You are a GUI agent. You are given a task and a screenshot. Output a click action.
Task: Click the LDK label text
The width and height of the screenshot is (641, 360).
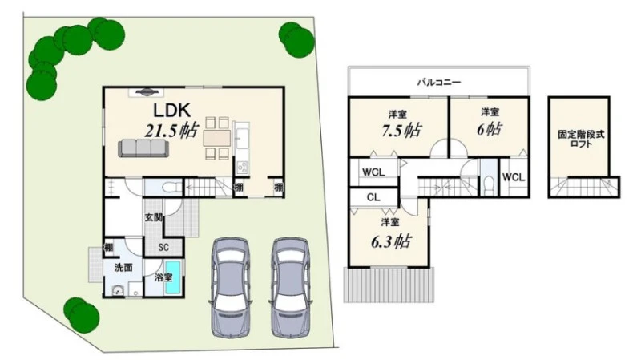click(172, 110)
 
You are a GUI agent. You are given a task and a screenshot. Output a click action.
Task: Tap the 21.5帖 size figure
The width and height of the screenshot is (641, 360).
click(171, 130)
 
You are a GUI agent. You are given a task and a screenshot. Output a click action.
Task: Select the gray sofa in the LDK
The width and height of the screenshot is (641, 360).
click(143, 148)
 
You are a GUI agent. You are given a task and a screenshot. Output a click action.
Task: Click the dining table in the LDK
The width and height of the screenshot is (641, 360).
click(217, 138)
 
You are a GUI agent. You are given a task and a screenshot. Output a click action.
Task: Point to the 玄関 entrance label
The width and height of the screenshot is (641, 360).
click(154, 217)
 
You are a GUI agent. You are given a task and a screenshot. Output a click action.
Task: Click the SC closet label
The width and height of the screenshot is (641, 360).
click(163, 248)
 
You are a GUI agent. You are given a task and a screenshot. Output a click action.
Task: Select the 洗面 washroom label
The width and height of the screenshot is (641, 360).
click(123, 268)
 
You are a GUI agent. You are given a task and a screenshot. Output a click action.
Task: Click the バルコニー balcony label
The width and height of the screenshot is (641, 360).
click(439, 83)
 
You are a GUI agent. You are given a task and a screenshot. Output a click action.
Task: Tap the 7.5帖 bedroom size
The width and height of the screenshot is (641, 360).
click(401, 131)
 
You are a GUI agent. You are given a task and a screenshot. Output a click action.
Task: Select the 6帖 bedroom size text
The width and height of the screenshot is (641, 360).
click(490, 130)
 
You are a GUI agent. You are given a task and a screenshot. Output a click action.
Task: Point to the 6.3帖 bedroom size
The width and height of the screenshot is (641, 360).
click(391, 241)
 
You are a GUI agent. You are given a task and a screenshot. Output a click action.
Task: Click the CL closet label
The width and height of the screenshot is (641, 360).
click(373, 197)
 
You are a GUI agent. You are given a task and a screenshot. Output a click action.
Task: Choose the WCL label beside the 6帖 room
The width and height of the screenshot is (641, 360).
click(514, 177)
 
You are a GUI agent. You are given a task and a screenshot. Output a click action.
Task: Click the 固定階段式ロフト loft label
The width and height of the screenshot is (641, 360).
click(581, 139)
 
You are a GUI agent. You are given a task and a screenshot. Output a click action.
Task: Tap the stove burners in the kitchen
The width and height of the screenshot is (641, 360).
click(242, 168)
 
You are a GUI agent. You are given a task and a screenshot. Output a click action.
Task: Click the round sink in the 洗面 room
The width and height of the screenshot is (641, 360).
click(119, 291)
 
